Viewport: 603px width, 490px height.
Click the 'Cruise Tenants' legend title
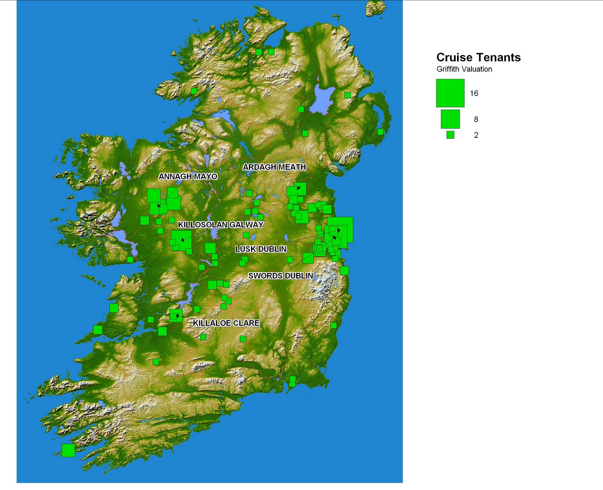point(478,57)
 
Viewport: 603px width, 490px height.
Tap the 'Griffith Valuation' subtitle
point(464,69)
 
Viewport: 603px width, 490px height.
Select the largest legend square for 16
point(450,93)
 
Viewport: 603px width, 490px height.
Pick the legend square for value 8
point(450,119)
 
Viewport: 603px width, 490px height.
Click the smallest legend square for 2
point(450,135)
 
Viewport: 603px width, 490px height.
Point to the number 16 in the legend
point(474,93)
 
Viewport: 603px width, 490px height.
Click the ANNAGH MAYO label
point(188,176)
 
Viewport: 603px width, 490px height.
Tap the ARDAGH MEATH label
point(274,167)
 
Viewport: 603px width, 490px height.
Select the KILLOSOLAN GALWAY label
point(220,225)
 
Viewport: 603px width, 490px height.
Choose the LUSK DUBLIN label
point(261,249)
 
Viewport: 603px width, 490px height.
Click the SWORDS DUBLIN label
point(280,276)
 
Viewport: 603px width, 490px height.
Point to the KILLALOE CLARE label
point(226,323)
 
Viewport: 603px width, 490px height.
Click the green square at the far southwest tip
point(68,450)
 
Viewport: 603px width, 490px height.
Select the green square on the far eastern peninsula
point(380,132)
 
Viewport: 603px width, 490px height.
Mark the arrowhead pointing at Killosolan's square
point(183,239)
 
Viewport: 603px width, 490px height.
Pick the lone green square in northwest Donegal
point(194,91)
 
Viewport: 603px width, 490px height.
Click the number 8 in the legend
point(476,119)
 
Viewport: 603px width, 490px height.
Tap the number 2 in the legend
point(476,135)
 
